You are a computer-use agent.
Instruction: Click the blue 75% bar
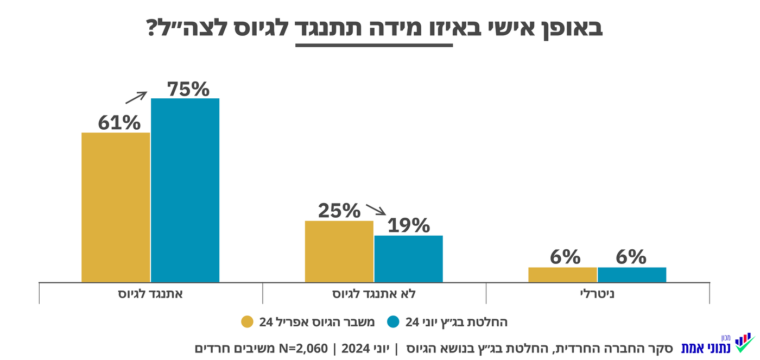(185, 190)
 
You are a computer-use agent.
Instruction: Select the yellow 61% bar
(116, 207)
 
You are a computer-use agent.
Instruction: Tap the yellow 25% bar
(339, 251)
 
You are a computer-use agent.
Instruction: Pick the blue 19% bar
(409, 258)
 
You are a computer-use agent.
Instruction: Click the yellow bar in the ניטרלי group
(562, 275)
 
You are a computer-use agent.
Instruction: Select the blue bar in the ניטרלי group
(632, 275)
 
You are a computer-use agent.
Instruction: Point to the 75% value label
(188, 89)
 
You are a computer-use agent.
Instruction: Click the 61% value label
(119, 123)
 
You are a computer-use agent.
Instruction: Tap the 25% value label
(339, 211)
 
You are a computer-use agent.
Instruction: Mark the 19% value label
(409, 225)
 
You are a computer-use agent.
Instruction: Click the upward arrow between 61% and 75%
(136, 97)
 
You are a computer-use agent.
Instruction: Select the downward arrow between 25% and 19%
(375, 210)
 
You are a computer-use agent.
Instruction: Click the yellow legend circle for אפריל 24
(248, 322)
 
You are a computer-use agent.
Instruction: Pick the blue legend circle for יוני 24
(393, 322)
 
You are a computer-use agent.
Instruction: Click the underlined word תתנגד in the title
(374, 28)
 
